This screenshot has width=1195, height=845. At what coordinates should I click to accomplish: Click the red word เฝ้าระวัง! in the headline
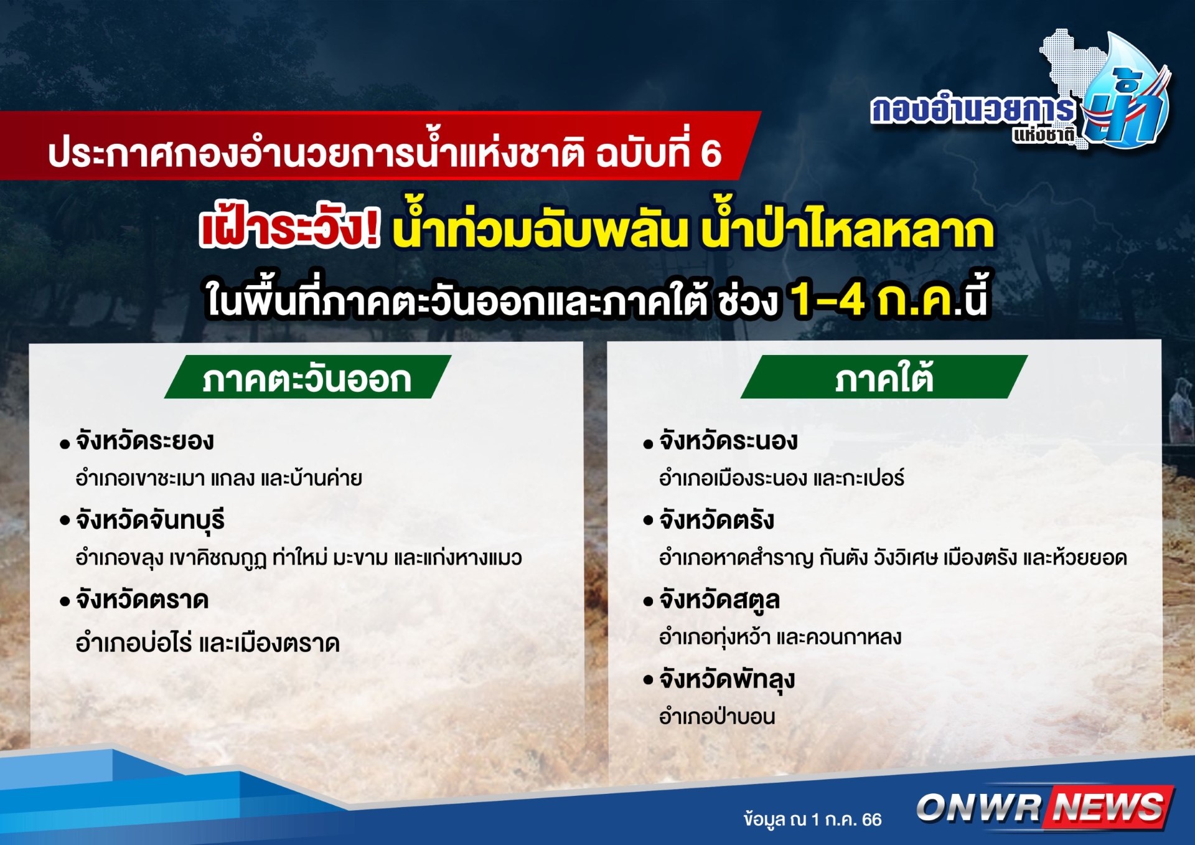point(289,229)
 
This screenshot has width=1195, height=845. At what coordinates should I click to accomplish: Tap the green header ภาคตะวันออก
point(307,377)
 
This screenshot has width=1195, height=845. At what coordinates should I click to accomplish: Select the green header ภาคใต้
point(884,377)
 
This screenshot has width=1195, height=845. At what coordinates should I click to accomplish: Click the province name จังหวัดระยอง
point(144,441)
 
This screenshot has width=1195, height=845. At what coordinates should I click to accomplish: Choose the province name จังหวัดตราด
point(142,600)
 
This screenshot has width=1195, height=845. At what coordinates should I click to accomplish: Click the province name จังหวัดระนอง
point(728,441)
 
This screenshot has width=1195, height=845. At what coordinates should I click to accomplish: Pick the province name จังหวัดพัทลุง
point(727,680)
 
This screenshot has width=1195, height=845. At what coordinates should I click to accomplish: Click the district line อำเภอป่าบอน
point(717,717)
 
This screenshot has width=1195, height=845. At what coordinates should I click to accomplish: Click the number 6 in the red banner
point(711,154)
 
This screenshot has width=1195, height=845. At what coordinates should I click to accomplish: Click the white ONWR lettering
point(978,808)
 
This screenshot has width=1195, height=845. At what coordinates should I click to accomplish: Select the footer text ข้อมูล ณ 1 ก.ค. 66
point(812,819)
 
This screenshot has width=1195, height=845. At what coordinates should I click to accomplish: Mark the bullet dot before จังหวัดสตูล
point(648,602)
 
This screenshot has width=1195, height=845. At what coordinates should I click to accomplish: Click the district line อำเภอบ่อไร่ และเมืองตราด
point(208,643)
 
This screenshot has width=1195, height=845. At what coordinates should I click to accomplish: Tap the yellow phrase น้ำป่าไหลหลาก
point(847,229)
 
